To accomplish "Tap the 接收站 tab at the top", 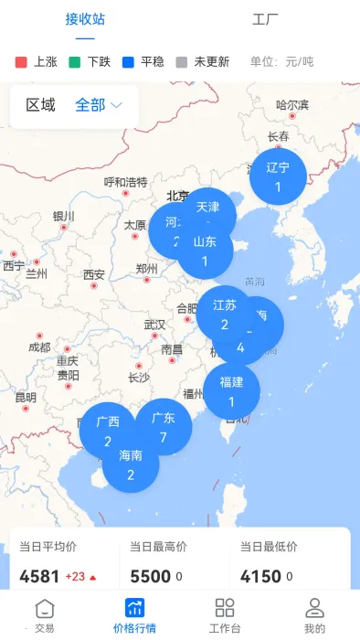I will pos(85,18).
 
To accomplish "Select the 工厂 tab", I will pos(265,18).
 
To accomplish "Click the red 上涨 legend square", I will pos(22,62).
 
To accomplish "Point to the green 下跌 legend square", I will pos(75,62).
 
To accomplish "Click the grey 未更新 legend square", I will pos(181,62).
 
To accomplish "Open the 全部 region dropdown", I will pos(99,105).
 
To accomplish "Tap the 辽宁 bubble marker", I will pos(278,176).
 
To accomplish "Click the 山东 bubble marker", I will pos(206,251).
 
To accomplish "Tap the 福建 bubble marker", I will pos(231,389).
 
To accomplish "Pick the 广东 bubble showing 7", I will pos(164,426).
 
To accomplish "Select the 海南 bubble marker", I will pos(131,464).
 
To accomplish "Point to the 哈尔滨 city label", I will pos(292,105).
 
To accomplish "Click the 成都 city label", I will pos(39,347).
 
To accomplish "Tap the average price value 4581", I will pos(39,577).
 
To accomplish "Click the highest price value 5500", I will pos(150,577).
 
